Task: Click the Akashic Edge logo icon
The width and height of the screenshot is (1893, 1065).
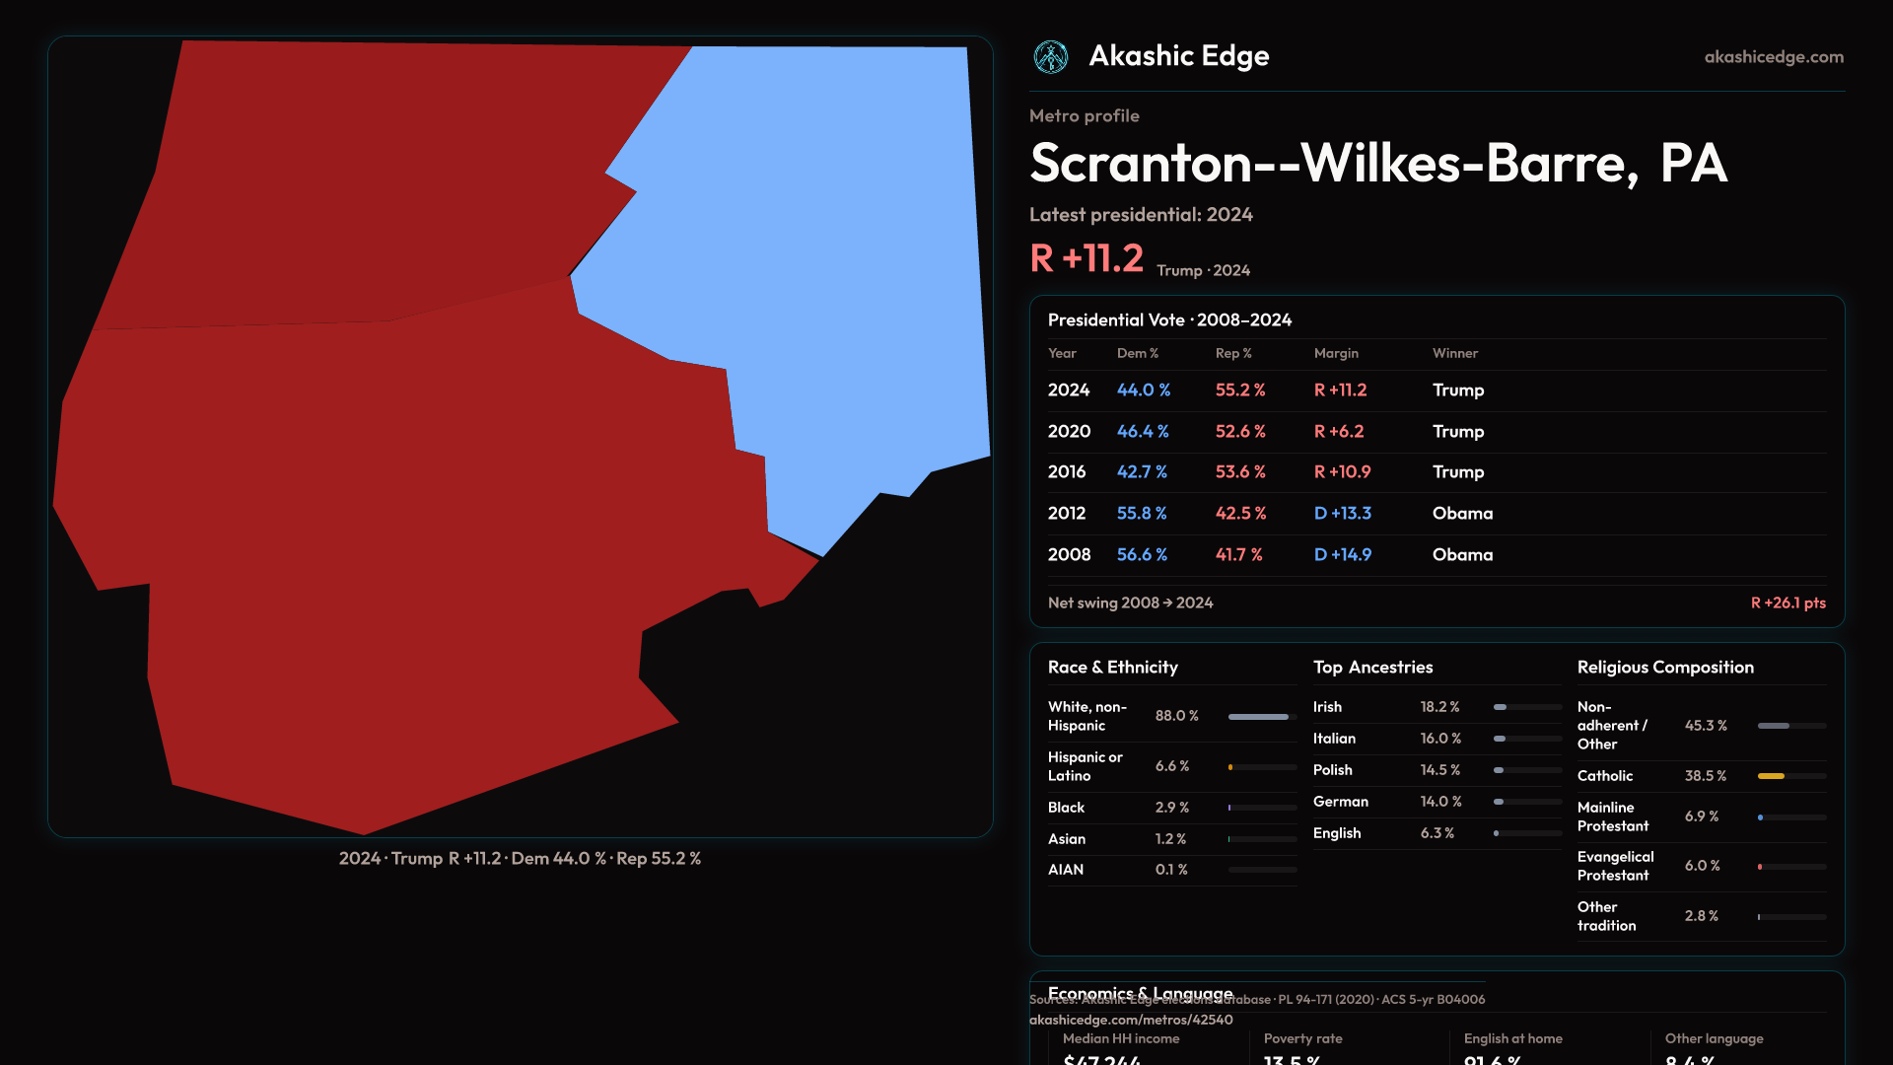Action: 1050,57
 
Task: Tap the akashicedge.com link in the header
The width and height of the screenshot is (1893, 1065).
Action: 1773,57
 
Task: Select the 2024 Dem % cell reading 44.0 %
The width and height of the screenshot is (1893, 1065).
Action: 1143,390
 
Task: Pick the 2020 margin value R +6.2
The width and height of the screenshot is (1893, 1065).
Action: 1338,432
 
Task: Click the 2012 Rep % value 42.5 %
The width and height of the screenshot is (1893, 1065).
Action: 1240,514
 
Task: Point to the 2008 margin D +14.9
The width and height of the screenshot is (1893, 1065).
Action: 1342,555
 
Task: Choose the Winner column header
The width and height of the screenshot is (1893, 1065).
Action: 1454,353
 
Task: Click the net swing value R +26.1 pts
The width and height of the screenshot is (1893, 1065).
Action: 1788,603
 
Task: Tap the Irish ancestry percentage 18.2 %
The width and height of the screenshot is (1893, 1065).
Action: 1439,707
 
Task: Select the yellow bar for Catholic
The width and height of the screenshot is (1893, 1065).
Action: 1771,776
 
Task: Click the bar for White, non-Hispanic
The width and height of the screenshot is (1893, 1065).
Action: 1258,717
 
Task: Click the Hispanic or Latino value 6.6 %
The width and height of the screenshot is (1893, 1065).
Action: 1171,766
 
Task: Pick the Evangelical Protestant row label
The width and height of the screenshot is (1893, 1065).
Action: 1615,866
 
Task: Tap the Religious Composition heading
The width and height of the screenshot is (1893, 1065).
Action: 1664,668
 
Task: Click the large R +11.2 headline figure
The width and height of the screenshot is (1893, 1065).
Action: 1086,258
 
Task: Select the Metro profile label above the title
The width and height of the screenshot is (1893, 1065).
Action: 1084,116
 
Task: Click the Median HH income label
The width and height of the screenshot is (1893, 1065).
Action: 1120,1038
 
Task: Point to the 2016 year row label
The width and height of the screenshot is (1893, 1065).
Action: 1066,472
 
